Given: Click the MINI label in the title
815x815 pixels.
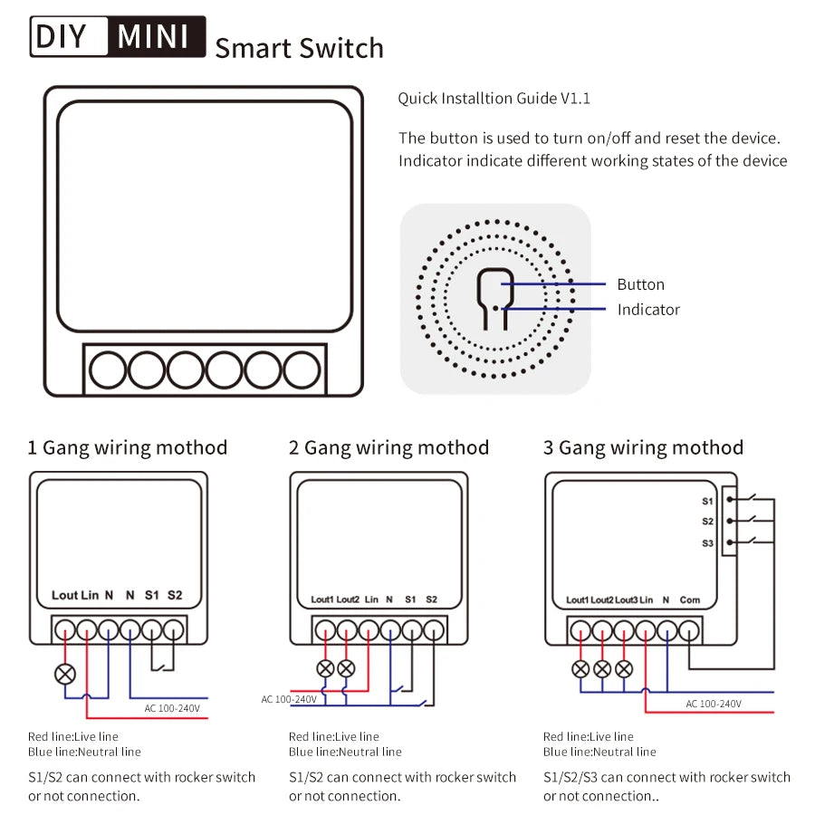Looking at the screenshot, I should pyautogui.click(x=155, y=36).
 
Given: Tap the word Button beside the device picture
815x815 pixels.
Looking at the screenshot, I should pyautogui.click(x=640, y=284).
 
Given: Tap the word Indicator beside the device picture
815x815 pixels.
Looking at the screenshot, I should pyautogui.click(x=648, y=310).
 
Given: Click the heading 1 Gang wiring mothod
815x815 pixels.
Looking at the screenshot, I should pyautogui.click(x=128, y=447).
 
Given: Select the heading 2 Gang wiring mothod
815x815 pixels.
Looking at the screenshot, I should pyautogui.click(x=388, y=447).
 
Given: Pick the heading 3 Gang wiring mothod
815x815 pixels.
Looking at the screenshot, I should pyautogui.click(x=643, y=447).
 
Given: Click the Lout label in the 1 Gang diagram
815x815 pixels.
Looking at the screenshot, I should pyautogui.click(x=64, y=595).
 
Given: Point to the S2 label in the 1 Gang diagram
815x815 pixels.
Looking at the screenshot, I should pyautogui.click(x=175, y=595).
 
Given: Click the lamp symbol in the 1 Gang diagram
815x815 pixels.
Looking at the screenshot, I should pyautogui.click(x=65, y=673).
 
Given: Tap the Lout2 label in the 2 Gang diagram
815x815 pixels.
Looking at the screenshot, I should pyautogui.click(x=348, y=599).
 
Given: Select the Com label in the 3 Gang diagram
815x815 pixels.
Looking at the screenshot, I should pyautogui.click(x=690, y=599).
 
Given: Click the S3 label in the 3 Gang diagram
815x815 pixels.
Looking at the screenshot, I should pyautogui.click(x=707, y=542).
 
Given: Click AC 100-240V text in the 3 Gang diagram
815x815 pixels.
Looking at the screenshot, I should pyautogui.click(x=714, y=704).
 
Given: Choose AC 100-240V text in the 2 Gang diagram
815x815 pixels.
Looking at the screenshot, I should pyautogui.click(x=289, y=699).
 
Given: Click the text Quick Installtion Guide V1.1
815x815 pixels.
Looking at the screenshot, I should pyautogui.click(x=494, y=98).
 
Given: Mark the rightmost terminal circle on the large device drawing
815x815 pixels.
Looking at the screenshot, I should pyautogui.click(x=302, y=370).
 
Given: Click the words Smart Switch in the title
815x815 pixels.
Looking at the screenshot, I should pyautogui.click(x=299, y=48).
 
